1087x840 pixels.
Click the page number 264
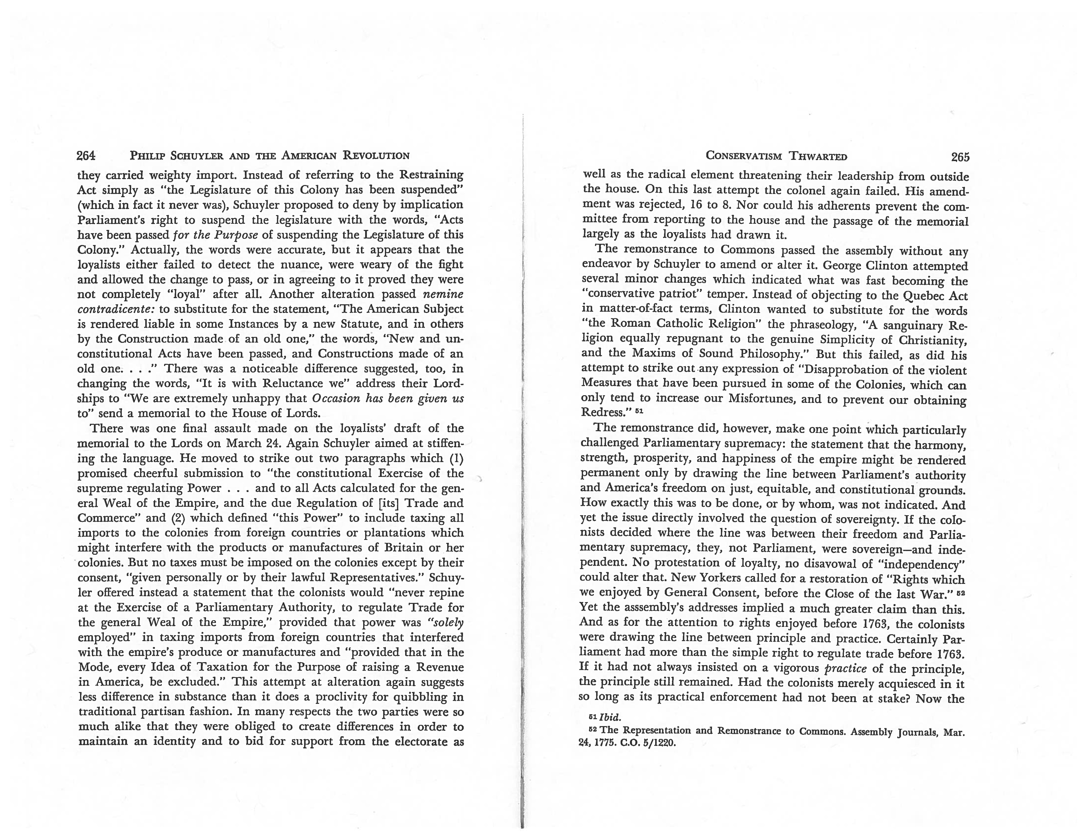point(86,156)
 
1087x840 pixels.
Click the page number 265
point(960,157)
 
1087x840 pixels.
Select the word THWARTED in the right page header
point(818,157)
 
